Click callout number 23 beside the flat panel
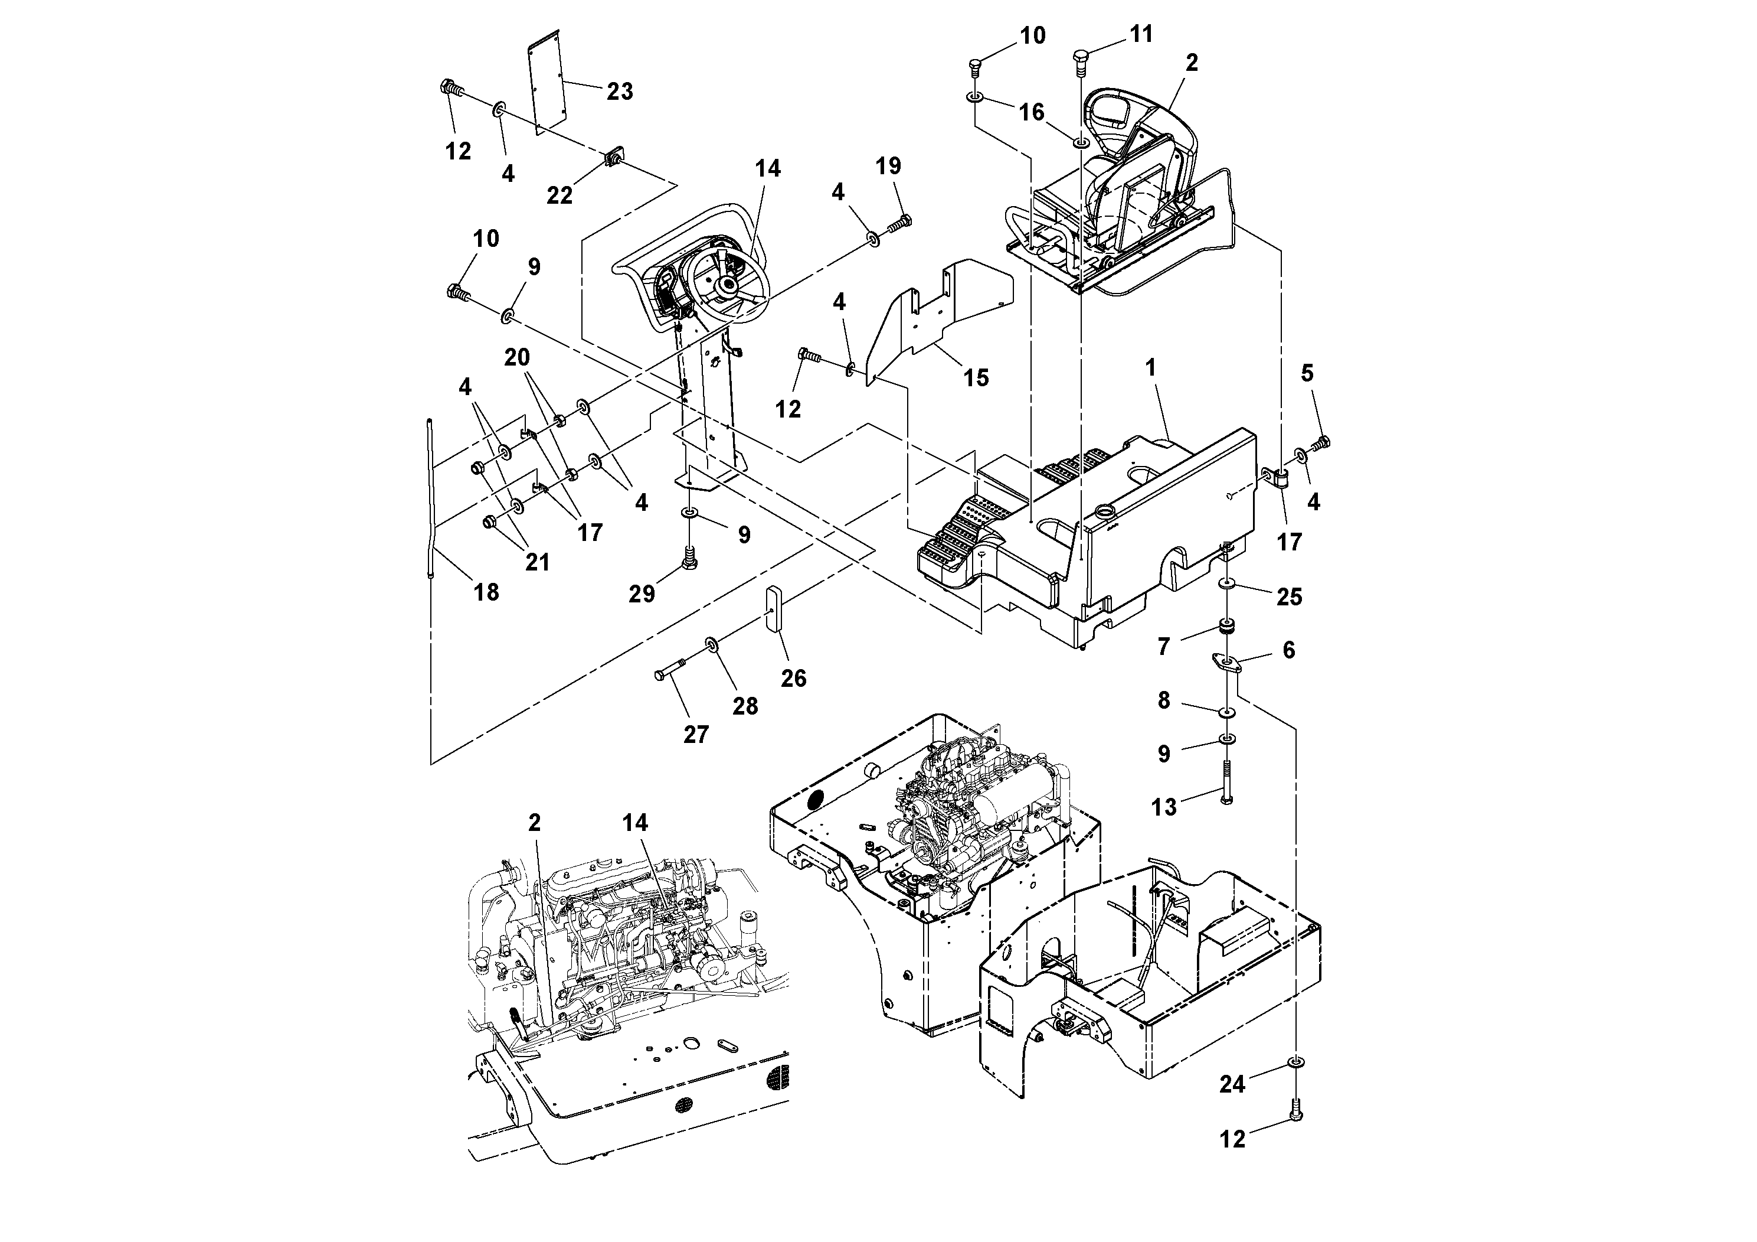pos(619,92)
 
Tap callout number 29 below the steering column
pos(642,594)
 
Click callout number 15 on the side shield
pos(976,377)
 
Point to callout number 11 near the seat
pos(1141,34)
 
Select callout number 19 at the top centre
pos(888,166)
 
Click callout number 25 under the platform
pos(1288,596)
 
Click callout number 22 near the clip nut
pos(559,195)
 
